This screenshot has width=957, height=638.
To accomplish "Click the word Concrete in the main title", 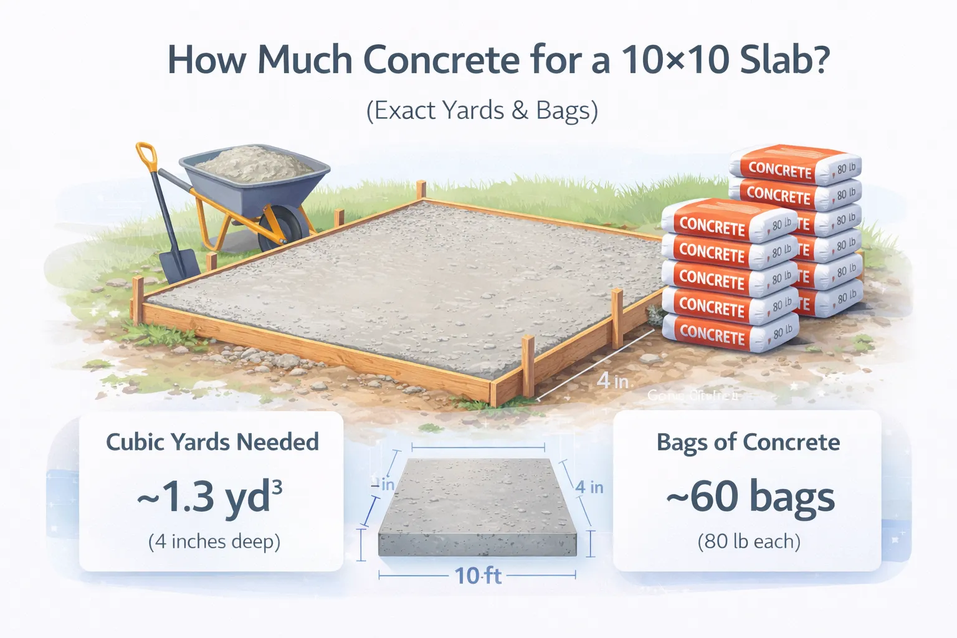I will pyautogui.click(x=440, y=60).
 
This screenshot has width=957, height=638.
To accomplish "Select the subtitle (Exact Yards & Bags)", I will pyautogui.click(x=482, y=110).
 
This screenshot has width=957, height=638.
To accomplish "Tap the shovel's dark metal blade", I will pyautogui.click(x=179, y=265).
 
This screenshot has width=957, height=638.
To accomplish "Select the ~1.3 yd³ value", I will pyautogui.click(x=210, y=497).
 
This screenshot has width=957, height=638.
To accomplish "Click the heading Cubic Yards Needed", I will pyautogui.click(x=212, y=442).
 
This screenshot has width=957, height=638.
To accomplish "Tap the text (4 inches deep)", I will pyautogui.click(x=214, y=541).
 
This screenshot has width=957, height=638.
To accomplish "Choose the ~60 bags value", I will pyautogui.click(x=750, y=497).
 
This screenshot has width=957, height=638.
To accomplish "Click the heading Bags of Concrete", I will pyautogui.click(x=748, y=442).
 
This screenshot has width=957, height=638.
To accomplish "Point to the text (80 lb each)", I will pyautogui.click(x=748, y=541).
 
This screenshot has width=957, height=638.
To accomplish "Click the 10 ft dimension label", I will pyautogui.click(x=477, y=576).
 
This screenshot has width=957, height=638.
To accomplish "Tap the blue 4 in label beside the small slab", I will pyautogui.click(x=589, y=487).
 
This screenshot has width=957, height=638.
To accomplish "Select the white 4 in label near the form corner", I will pyautogui.click(x=612, y=380).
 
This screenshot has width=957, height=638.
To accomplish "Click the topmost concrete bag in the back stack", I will pyautogui.click(x=796, y=165).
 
